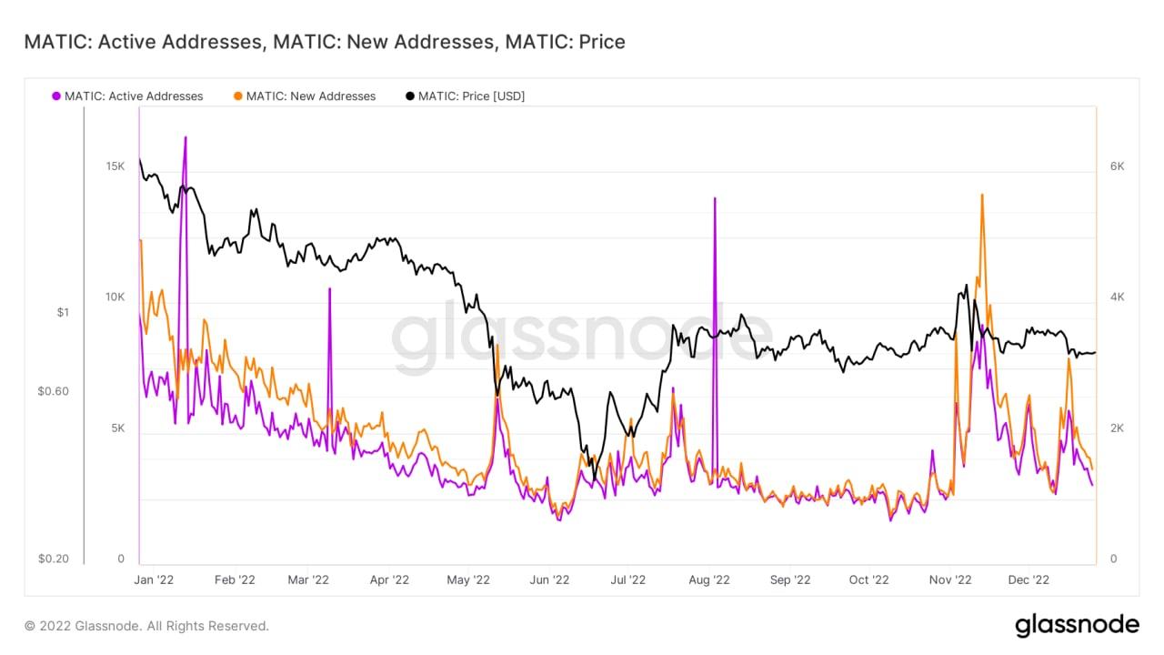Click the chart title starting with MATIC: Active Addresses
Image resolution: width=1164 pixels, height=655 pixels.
click(324, 42)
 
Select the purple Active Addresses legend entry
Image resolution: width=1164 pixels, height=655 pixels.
click(127, 96)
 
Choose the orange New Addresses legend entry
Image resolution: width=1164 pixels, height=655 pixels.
click(305, 96)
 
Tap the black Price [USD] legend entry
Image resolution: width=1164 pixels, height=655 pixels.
click(465, 96)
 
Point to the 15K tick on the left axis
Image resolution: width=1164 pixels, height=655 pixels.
click(115, 166)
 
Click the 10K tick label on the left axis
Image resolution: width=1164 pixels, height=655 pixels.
click(115, 297)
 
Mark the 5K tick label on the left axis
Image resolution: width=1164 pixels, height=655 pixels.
click(117, 428)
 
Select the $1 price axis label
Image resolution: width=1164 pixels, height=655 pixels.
click(63, 312)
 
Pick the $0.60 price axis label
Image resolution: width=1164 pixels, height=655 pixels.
click(54, 391)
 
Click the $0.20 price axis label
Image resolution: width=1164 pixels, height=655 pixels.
click(54, 559)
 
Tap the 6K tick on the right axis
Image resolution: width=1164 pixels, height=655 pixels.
click(1118, 166)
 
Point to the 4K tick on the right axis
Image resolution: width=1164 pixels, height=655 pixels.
click(1118, 297)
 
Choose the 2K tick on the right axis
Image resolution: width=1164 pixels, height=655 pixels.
click(1118, 428)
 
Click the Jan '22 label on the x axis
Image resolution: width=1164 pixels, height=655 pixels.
click(154, 579)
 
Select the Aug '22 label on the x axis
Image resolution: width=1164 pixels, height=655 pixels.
click(709, 579)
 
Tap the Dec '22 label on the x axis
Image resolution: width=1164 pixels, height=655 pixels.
click(1029, 579)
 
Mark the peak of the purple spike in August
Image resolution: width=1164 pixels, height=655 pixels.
click(715, 198)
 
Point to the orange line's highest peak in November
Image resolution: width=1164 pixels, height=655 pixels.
click(982, 195)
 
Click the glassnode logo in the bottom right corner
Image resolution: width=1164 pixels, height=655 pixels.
click(1077, 625)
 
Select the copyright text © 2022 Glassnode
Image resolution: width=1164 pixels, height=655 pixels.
click(146, 626)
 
